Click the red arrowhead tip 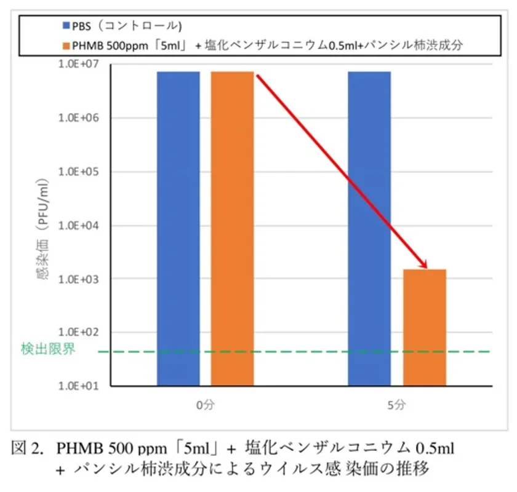(x=426, y=267)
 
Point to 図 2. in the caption (x=29, y=448)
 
